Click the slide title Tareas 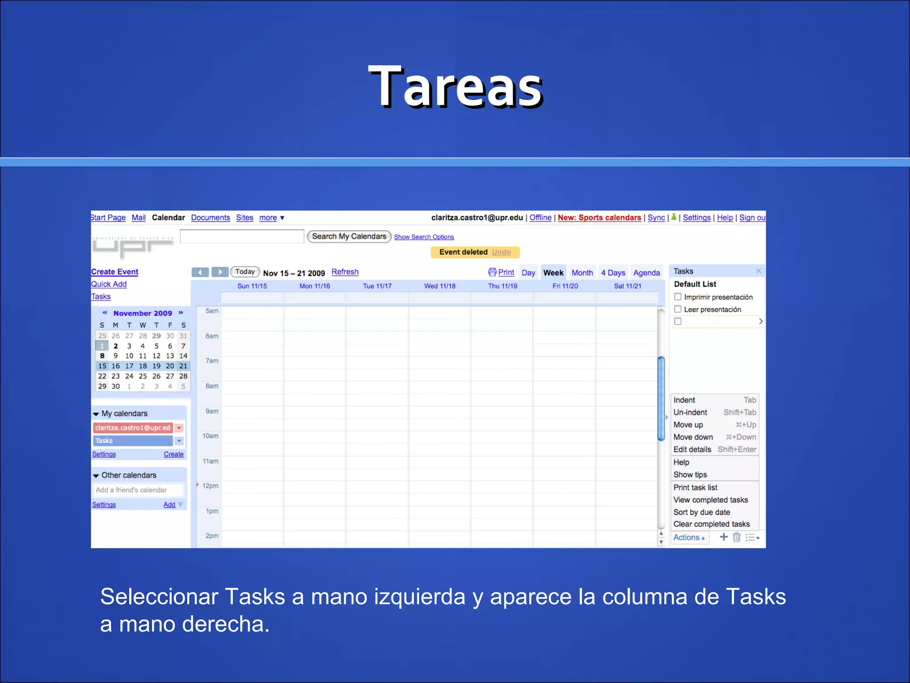[x=455, y=87]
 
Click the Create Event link [x=115, y=272]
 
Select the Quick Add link [x=109, y=284]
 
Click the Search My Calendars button [x=349, y=237]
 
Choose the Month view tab [x=582, y=273]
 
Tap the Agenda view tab [x=647, y=273]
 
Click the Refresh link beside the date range [x=345, y=272]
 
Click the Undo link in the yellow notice [x=501, y=252]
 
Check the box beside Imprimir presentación [x=678, y=297]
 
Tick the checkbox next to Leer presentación [x=678, y=309]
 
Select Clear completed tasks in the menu [x=711, y=524]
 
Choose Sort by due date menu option [x=702, y=512]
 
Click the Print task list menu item [x=695, y=487]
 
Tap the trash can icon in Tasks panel [x=736, y=537]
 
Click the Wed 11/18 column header [x=440, y=286]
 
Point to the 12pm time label [x=210, y=486]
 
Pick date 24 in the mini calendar [x=129, y=376]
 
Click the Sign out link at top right [x=752, y=217]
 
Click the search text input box [x=242, y=237]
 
